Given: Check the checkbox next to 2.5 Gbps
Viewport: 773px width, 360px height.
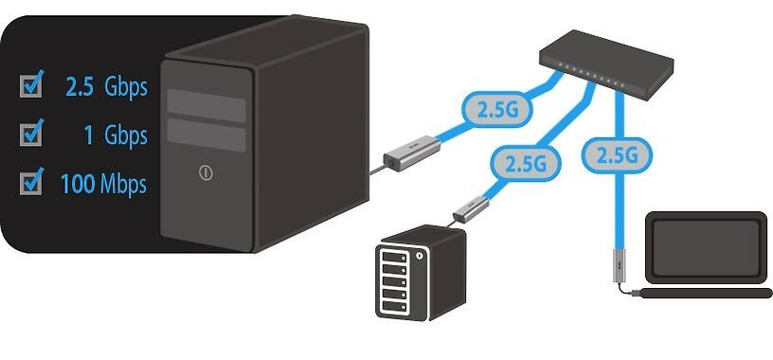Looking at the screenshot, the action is point(31,86).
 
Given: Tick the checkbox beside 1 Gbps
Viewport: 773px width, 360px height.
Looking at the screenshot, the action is point(31,134).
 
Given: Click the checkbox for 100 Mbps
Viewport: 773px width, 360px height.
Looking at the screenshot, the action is point(31,182).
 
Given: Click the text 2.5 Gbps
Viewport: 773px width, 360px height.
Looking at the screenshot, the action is point(106,86).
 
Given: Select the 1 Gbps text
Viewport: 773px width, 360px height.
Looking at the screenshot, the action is point(117,135).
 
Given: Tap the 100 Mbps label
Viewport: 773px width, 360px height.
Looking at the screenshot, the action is point(103,184).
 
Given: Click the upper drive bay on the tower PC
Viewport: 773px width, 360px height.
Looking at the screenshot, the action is point(207,105).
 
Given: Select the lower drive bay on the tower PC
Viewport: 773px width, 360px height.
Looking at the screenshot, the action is point(207,135).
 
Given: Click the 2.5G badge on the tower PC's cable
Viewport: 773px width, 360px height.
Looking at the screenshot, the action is point(497,110).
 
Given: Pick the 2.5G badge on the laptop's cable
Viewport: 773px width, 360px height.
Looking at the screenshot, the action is point(617,155).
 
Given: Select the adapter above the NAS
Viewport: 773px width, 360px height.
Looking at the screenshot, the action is point(471,208).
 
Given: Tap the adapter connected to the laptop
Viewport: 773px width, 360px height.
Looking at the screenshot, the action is point(619,266).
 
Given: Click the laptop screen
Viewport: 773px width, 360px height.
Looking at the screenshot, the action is point(706,247).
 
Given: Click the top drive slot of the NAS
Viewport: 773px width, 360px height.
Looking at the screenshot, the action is point(393,258).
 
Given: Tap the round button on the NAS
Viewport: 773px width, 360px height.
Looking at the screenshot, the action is point(420,257).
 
